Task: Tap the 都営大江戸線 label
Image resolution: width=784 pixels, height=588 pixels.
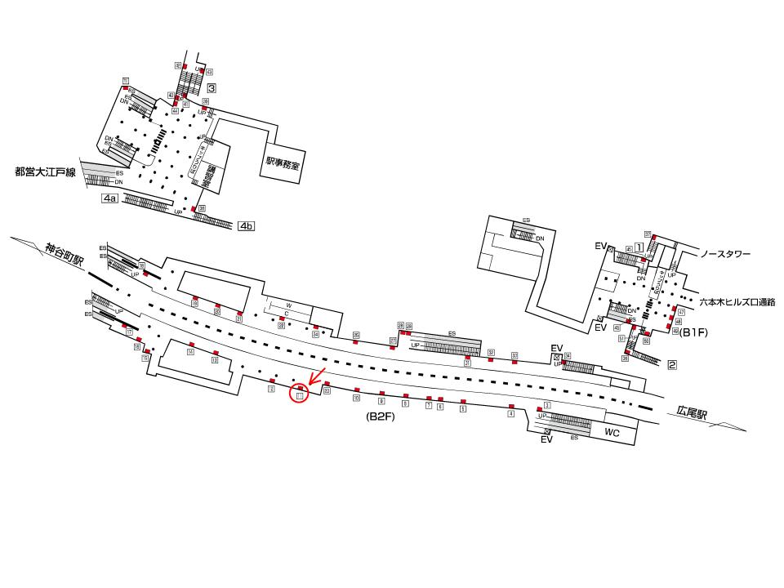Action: (x=45, y=172)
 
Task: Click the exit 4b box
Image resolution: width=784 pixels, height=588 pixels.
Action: (x=247, y=225)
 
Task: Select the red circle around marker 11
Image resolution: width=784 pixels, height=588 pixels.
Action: (x=300, y=395)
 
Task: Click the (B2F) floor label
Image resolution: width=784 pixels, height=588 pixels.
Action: (x=381, y=416)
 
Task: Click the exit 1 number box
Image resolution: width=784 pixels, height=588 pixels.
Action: (x=639, y=246)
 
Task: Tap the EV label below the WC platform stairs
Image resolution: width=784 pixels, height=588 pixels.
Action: (x=547, y=440)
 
